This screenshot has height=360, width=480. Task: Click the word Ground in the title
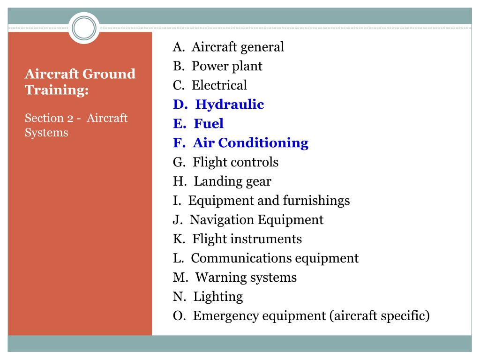click(109, 74)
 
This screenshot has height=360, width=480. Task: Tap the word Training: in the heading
click(57, 90)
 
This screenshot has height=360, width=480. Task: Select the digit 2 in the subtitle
click(70, 119)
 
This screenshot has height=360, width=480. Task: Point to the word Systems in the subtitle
click(46, 133)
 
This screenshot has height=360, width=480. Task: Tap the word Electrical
click(219, 85)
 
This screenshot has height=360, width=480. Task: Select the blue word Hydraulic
click(230, 105)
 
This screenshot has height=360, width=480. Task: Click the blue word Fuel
click(209, 123)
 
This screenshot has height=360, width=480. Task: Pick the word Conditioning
click(263, 143)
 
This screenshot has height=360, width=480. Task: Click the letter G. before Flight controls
click(179, 162)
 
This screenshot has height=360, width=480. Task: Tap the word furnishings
click(316, 201)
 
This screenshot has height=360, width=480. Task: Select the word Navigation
click(222, 220)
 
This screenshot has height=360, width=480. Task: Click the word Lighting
click(218, 297)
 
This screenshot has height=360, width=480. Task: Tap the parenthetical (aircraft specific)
click(380, 316)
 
